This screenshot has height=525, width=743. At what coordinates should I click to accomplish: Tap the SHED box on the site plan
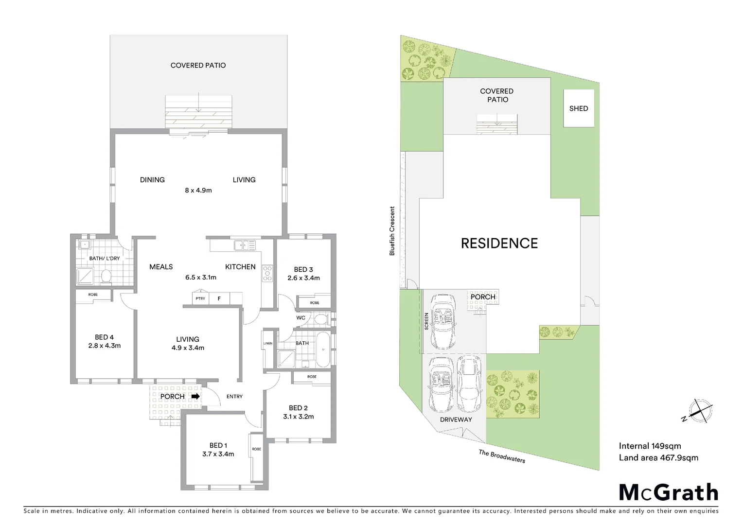click(x=579, y=108)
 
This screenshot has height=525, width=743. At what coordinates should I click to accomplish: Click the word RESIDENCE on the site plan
click(x=499, y=243)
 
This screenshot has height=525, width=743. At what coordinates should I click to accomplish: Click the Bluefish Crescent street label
click(x=392, y=231)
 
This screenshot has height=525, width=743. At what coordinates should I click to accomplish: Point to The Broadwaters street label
click(x=502, y=456)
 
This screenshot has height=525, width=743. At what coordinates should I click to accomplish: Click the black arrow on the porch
click(x=195, y=396)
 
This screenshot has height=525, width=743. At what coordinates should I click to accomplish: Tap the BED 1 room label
click(x=218, y=445)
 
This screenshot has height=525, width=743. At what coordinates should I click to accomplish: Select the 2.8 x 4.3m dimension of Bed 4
click(x=105, y=346)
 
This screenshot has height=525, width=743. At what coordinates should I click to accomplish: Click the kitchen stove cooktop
click(x=268, y=273)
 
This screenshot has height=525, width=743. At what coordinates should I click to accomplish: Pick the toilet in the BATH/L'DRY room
click(x=106, y=276)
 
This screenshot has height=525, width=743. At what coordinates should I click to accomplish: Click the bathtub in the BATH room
click(x=322, y=349)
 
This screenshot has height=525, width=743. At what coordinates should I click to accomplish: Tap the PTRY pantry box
click(x=200, y=298)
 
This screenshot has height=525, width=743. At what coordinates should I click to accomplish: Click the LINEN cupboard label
click(x=268, y=344)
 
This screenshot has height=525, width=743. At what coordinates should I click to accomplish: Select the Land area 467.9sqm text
click(x=658, y=457)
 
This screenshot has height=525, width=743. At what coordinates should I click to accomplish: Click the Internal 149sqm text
click(x=650, y=446)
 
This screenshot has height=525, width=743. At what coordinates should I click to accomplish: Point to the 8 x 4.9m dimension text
click(x=198, y=190)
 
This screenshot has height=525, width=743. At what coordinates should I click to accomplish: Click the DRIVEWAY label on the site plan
click(x=456, y=420)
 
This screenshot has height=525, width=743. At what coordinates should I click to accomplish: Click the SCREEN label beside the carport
click(x=427, y=321)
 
